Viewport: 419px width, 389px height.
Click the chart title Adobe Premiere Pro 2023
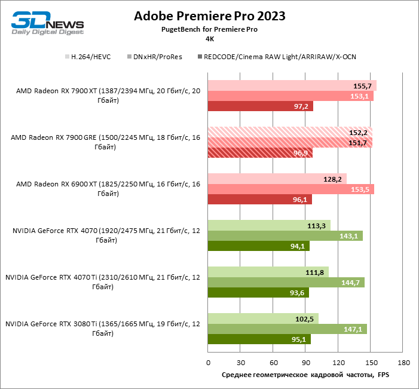(x=209, y=16)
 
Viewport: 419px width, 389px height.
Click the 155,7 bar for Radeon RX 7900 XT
(x=292, y=85)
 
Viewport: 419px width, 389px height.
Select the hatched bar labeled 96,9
(x=260, y=153)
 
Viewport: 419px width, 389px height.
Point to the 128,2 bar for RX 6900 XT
(x=277, y=179)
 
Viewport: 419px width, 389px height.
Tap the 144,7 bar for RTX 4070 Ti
(x=286, y=282)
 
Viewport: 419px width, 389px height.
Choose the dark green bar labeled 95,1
(x=259, y=339)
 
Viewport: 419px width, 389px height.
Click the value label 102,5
(x=305, y=318)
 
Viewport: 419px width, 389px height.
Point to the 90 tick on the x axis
(x=305, y=363)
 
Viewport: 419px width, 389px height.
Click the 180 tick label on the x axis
(x=403, y=363)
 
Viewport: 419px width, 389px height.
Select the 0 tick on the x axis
(x=208, y=363)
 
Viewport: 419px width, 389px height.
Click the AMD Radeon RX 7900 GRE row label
(x=105, y=142)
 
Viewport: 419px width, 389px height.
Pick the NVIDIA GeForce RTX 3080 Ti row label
(x=102, y=328)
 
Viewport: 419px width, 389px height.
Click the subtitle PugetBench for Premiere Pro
(x=209, y=29)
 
